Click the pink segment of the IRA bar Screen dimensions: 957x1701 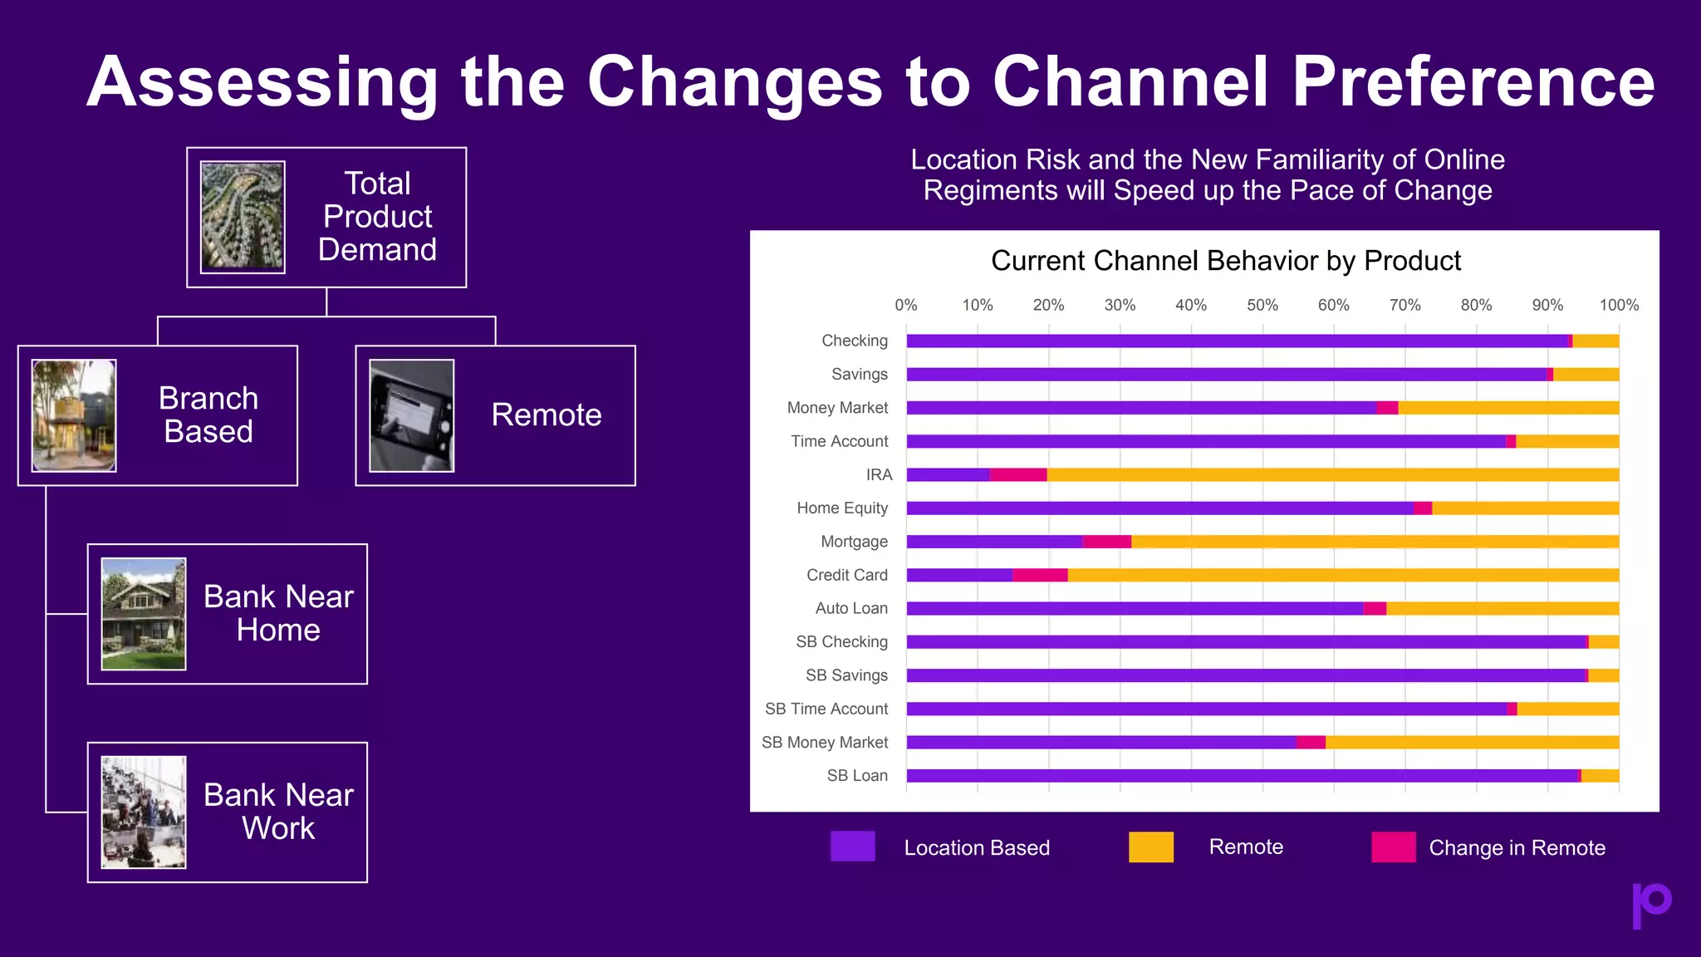tap(1017, 475)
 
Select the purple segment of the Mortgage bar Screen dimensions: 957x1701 tap(993, 542)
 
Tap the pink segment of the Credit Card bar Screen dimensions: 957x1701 tap(1040, 575)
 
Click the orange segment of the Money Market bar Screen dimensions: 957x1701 tap(1507, 408)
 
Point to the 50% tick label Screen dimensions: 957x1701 tap(1262, 305)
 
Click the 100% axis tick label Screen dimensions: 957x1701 tap(1618, 305)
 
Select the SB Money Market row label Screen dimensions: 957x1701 tap(824, 742)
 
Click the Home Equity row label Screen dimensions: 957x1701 tap(841, 508)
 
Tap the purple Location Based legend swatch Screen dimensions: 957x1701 tap(852, 847)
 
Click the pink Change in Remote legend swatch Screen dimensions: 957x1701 tap(1393, 847)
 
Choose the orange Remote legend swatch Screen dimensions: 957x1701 tap(1150, 847)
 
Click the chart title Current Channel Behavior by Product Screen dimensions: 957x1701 tap(1225, 261)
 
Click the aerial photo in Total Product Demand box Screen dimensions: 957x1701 tap(243, 217)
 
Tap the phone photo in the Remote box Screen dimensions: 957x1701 tap(411, 415)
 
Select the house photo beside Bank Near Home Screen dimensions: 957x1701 tap(144, 613)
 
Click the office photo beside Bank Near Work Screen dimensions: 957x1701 tap(144, 812)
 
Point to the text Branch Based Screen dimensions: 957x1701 tap(208, 415)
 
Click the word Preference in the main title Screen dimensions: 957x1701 tap(1473, 81)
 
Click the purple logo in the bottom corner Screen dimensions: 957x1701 tap(1651, 904)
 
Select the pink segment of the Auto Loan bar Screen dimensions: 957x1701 tap(1374, 608)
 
